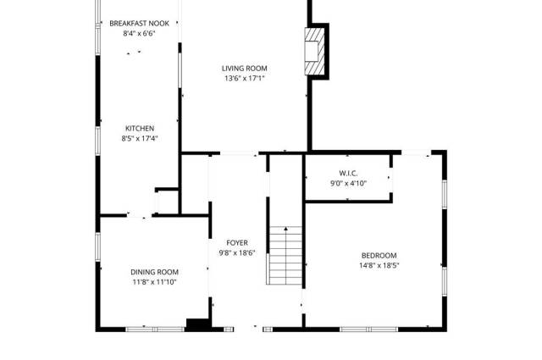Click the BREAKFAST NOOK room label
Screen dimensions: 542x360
tap(139, 24)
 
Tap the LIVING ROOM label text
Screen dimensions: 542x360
tap(245, 69)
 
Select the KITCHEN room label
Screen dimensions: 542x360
tap(140, 129)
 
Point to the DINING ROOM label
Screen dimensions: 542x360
tap(154, 272)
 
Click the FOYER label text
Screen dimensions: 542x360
tap(237, 243)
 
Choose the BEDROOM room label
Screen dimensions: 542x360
tap(379, 256)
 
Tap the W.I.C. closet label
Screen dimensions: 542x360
tap(348, 174)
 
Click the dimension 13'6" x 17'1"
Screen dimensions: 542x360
tap(245, 79)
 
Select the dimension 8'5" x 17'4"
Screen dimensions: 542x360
tap(140, 139)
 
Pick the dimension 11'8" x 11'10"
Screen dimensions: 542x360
tap(154, 282)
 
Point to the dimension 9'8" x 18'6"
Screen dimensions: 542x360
tap(237, 252)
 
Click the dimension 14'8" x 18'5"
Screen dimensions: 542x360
tap(379, 266)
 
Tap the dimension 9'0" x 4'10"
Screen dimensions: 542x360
tap(348, 183)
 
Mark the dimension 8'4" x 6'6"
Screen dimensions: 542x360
tap(139, 34)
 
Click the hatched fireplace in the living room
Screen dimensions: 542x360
tap(314, 51)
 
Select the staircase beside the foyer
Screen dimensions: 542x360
tap(285, 256)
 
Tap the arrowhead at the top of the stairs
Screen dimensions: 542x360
tap(286, 229)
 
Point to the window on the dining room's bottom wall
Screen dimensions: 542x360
tap(155, 330)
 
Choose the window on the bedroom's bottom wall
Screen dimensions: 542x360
tap(369, 330)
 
